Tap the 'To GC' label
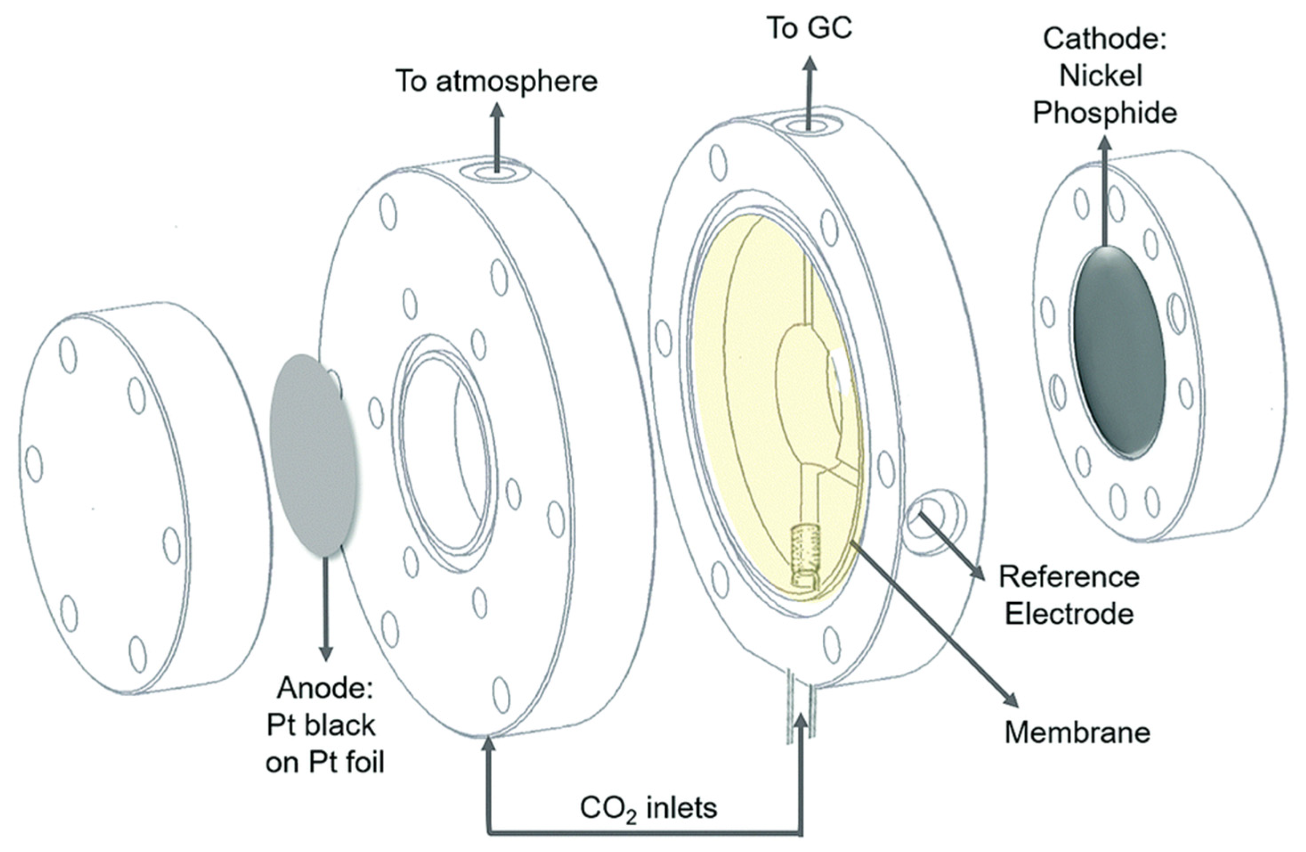point(810,28)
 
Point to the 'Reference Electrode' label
point(1069,595)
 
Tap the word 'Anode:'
point(325,687)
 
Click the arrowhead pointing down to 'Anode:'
point(326,653)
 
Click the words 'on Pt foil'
point(325,762)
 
